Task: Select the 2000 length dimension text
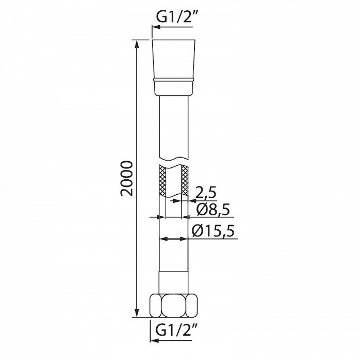126,178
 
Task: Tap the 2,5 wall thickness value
206,192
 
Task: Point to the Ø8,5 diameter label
213,209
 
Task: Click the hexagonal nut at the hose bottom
174,306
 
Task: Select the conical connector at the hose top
174,68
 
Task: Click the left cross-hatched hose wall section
162,181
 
